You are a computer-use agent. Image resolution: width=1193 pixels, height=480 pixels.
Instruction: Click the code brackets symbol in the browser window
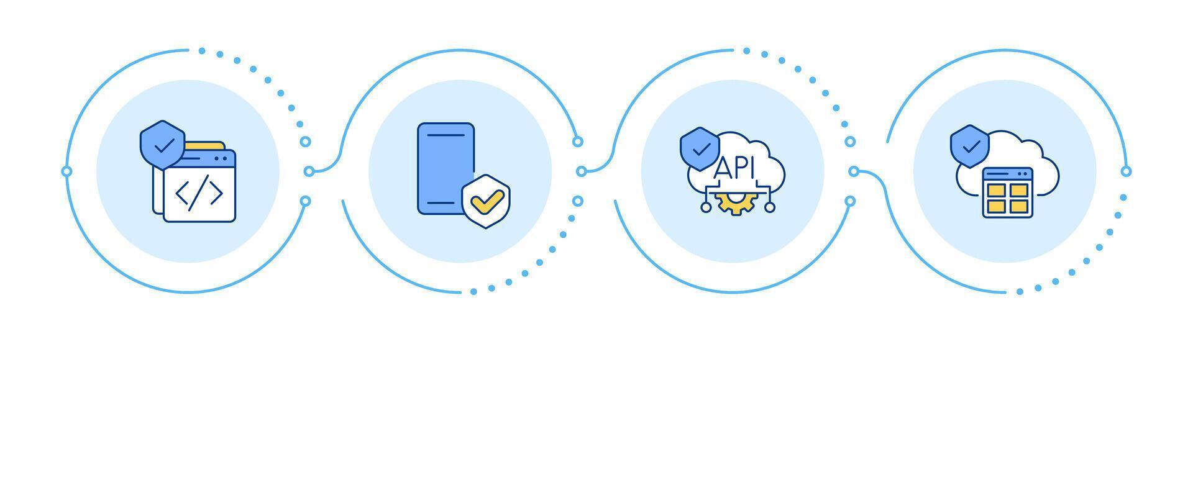[199, 194]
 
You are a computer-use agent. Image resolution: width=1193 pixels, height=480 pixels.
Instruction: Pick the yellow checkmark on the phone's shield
[487, 201]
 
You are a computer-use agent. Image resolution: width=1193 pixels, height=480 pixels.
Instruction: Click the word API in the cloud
[735, 168]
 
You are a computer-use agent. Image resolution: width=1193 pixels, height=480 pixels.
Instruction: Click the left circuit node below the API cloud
[706, 207]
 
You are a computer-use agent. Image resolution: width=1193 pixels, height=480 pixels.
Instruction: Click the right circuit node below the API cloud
[770, 207]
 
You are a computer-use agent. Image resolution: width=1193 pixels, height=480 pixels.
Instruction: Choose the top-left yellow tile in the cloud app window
[996, 189]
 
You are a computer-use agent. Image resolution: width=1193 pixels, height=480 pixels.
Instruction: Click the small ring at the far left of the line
[67, 171]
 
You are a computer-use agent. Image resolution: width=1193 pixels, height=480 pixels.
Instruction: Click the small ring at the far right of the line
[1126, 171]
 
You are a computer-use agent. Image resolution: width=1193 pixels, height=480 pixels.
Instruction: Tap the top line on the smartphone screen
[446, 135]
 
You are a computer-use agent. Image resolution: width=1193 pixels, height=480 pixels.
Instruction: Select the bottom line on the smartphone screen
[446, 203]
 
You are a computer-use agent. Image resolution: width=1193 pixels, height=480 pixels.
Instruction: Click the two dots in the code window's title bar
[220, 159]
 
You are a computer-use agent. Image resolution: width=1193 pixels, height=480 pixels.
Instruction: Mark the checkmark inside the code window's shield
[163, 147]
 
